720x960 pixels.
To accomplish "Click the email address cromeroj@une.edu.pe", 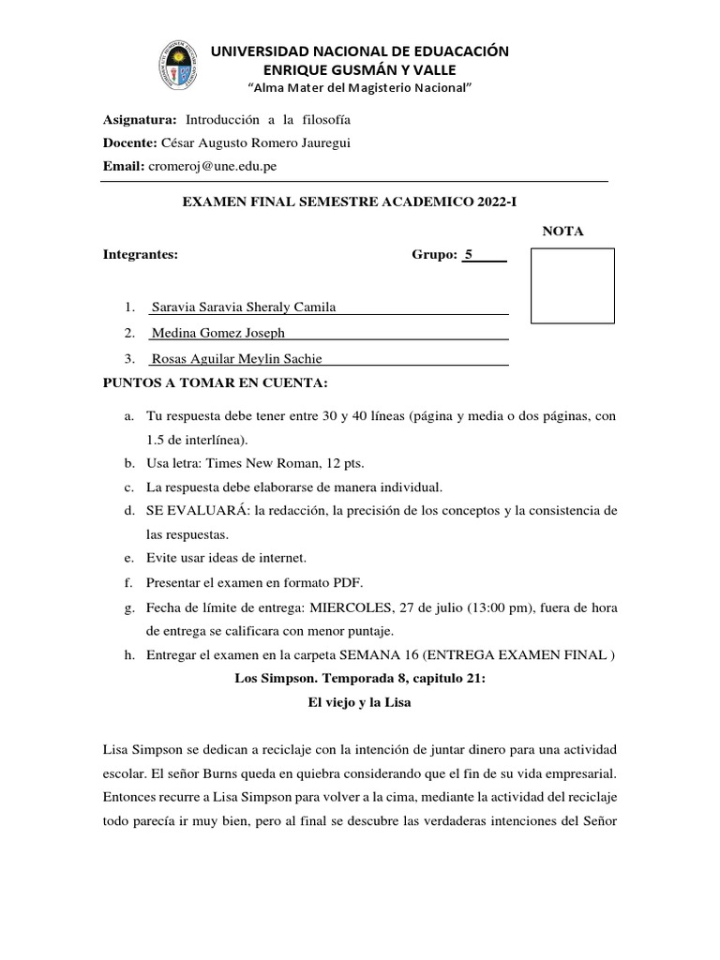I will [x=211, y=166].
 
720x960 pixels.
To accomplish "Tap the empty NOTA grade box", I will [x=572, y=286].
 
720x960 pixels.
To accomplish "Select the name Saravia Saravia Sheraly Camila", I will [x=243, y=307].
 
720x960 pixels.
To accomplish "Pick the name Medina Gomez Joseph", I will [x=217, y=333].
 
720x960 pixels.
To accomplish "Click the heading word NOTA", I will [x=563, y=232].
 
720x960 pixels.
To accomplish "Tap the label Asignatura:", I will [x=140, y=121].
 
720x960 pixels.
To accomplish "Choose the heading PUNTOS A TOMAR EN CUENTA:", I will [x=216, y=382].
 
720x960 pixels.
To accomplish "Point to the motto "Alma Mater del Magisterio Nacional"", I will [x=359, y=87].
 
